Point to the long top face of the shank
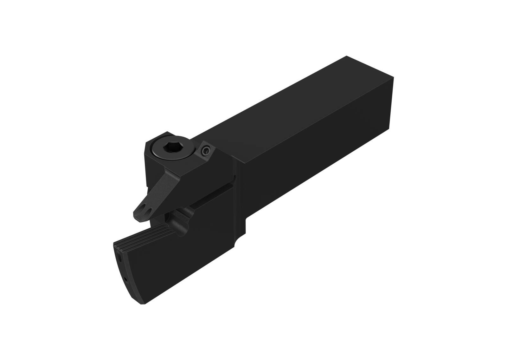pos(285,108)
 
